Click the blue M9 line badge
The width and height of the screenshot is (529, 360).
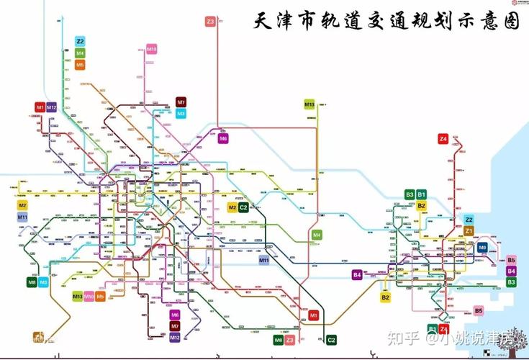coord(482,248)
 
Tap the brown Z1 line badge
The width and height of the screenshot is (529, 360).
coord(469,231)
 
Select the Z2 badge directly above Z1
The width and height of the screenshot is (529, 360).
coord(469,220)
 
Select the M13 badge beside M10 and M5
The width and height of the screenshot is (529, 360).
coord(77,296)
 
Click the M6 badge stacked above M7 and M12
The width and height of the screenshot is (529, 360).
coord(175,315)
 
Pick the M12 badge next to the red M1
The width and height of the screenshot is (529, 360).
coord(52,107)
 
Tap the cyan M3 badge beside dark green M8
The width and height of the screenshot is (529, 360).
coord(43,282)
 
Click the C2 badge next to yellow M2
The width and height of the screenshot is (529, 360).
coord(243,207)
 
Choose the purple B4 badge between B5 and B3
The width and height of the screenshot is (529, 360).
coord(511,271)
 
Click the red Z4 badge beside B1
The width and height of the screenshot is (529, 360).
coord(444,329)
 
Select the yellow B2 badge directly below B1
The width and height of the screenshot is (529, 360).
coord(422,206)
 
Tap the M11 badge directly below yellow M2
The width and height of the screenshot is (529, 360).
coord(22,217)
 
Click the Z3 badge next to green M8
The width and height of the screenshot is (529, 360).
coord(289,339)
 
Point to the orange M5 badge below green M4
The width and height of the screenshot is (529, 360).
coord(80,65)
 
